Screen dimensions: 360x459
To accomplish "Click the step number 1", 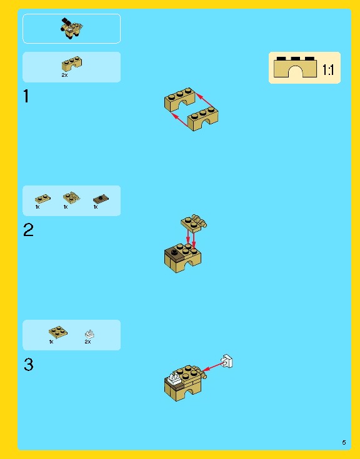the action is click(26, 96).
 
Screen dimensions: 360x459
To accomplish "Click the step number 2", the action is click(28, 230).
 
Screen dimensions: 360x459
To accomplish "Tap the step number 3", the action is click(29, 365).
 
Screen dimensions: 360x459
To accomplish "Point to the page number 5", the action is click(344, 442).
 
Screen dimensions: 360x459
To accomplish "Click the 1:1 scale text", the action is click(328, 70).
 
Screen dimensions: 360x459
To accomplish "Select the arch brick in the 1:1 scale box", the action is click(295, 67).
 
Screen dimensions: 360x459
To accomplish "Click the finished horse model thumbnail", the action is click(72, 28).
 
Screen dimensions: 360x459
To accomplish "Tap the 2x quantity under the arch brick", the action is click(64, 75).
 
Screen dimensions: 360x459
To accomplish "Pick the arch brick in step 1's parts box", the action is click(72, 64).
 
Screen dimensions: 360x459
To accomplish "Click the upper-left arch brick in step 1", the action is click(180, 99).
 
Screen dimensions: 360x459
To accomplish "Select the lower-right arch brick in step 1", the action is click(202, 119).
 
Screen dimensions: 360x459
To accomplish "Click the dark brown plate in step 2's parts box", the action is click(101, 199).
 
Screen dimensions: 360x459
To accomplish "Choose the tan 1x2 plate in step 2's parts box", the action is click(42, 199).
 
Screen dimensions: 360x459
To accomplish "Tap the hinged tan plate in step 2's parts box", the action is click(71, 197).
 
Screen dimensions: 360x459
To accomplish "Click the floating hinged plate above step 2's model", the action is click(194, 223).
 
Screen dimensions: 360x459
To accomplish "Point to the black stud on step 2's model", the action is click(174, 252).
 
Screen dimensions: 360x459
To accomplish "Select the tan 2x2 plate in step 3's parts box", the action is click(58, 332).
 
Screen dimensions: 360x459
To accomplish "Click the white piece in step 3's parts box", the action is click(89, 333).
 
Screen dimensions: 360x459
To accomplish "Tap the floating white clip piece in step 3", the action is click(227, 361).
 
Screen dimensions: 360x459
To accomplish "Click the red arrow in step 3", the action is click(213, 367).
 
